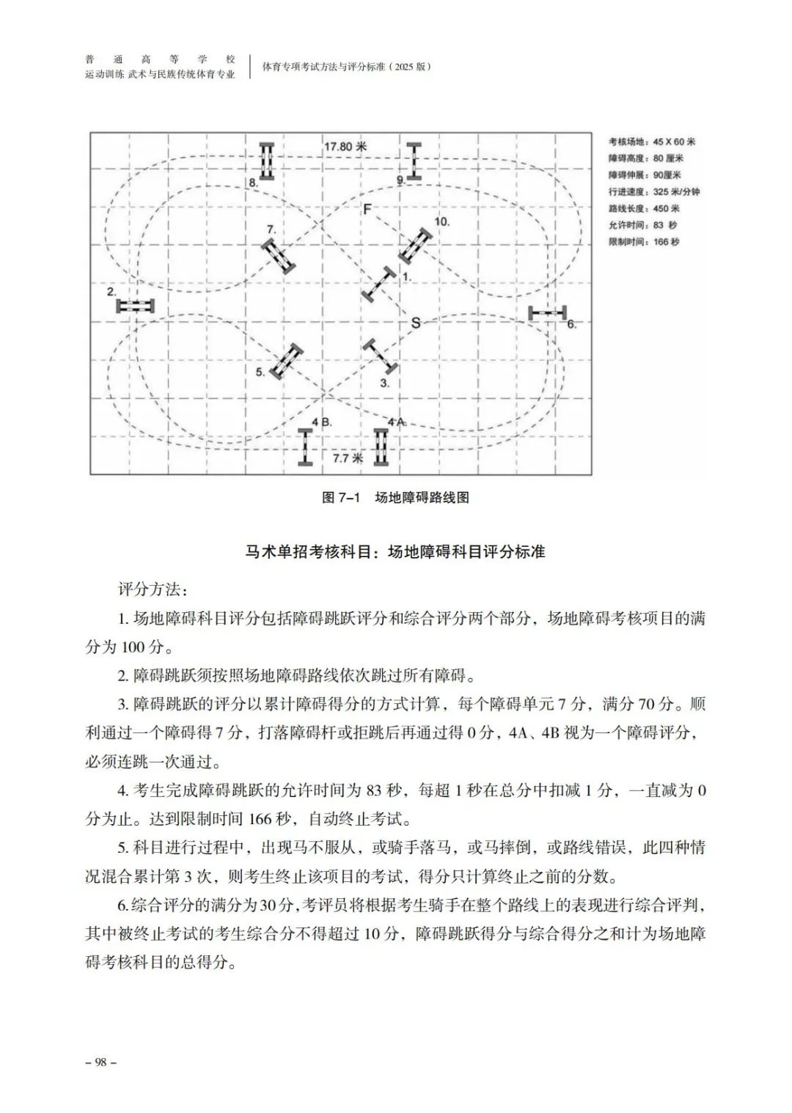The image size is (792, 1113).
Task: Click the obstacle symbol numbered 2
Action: pos(135,306)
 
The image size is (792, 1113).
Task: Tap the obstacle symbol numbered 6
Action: pos(549,313)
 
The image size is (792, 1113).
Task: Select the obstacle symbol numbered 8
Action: pos(267,161)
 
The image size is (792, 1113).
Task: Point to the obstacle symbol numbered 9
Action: pos(414,161)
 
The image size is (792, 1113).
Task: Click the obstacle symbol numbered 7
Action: pos(279,256)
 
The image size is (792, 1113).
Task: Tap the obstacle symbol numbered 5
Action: pos(287,361)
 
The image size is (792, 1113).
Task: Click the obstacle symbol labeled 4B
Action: pos(306,447)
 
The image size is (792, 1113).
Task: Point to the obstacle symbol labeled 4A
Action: pos(381,447)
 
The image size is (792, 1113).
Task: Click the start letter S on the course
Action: pos(416,322)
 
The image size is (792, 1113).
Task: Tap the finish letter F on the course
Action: pos(367,210)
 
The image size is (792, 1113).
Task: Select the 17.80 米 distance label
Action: pos(345,147)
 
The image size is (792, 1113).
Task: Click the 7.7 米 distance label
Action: pos(348,458)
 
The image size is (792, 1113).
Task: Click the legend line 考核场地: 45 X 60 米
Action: pos(652,142)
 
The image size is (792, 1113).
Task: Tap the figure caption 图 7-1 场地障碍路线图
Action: pos(395,498)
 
